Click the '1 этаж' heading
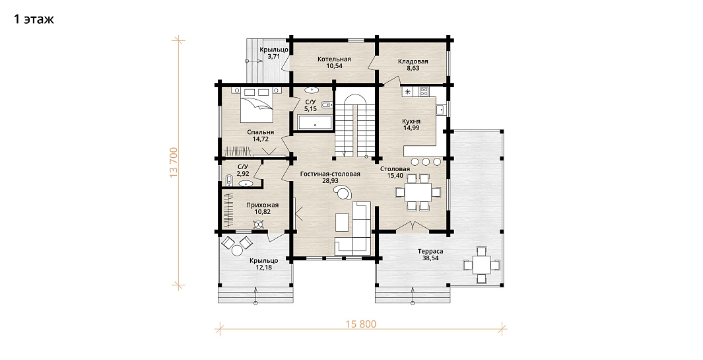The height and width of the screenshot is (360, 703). pos(34,19)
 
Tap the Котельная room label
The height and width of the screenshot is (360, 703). pos(334,59)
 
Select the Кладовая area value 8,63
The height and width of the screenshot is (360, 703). pos(413,69)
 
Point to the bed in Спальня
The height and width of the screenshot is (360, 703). pos(256,104)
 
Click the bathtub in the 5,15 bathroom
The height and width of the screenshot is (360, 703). pos(315,123)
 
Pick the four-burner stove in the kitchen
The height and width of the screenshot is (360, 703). pos(424,92)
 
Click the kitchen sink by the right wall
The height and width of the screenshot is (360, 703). pos(440,109)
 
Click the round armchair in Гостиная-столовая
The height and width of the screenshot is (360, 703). pos(343,193)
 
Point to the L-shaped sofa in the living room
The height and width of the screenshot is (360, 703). pos(354,229)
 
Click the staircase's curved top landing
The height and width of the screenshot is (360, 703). pos(355,100)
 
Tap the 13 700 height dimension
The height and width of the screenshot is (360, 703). pos(174,162)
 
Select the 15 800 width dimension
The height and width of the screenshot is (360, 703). pos(361,324)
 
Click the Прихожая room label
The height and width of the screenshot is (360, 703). pos(262,205)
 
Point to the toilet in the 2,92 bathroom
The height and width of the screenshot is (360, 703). pos(228,181)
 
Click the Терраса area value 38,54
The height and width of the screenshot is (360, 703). pos(430,258)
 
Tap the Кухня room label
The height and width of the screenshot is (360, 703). pos(411,121)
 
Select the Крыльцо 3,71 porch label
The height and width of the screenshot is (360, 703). pos(273,53)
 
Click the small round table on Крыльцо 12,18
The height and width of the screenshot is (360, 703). pos(236,250)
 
